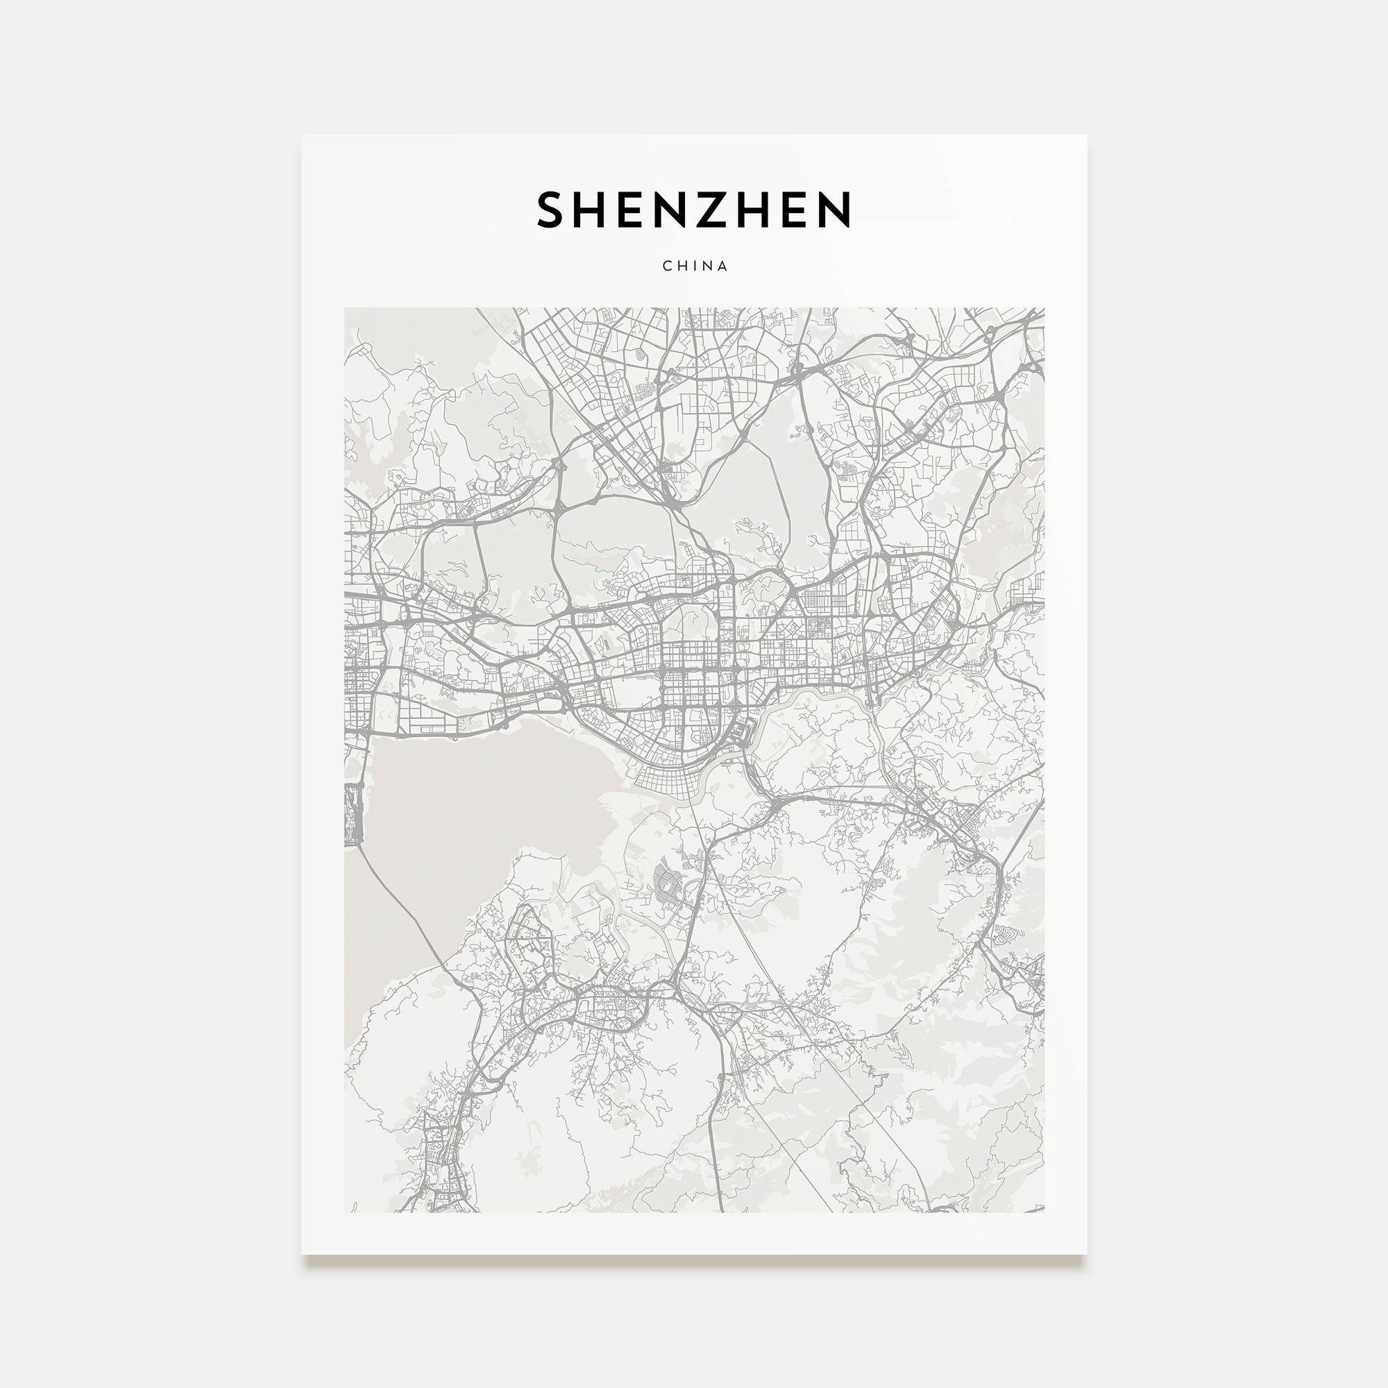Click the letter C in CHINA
click(667, 266)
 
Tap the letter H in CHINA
click(682, 266)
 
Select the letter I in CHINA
click(695, 266)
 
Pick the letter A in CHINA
click(722, 266)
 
